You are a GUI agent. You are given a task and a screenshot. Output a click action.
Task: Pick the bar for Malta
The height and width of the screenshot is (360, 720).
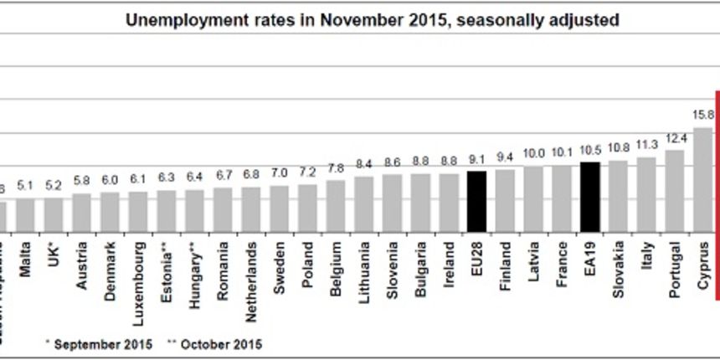[25, 213]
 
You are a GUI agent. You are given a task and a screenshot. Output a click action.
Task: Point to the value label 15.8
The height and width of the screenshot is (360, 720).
[702, 115]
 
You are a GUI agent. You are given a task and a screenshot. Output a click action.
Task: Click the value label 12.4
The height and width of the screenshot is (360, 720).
[674, 137]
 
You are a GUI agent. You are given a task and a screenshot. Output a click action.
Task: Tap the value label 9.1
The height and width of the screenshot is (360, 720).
[476, 158]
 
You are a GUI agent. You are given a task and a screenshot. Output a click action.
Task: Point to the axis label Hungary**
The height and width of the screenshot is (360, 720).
[195, 265]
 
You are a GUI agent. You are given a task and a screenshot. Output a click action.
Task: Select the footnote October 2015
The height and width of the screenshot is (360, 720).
[219, 343]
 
